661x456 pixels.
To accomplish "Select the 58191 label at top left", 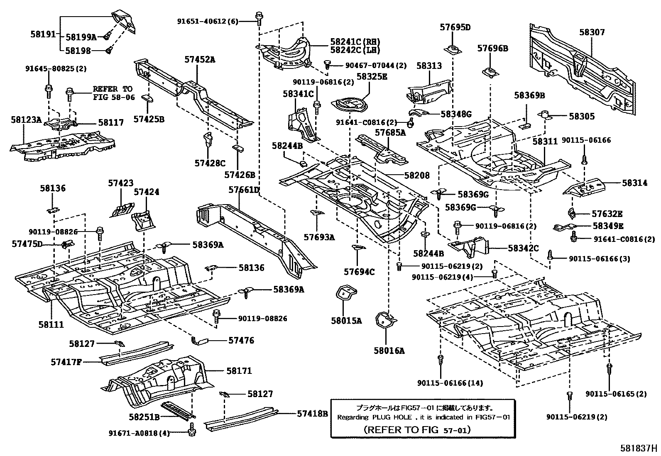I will (42, 34).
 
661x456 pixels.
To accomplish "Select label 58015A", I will (346, 320).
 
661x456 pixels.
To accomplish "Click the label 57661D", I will (244, 190).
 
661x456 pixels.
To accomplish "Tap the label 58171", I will (239, 371).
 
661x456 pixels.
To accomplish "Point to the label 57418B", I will (312, 413).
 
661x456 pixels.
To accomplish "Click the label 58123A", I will (26, 120).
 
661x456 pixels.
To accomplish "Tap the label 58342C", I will (523, 248).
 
